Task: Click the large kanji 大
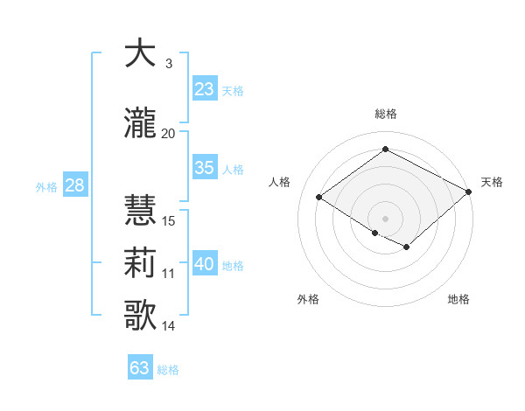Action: (x=140, y=54)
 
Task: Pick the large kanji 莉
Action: (x=140, y=262)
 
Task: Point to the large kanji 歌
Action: (x=140, y=315)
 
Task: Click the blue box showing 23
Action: (x=205, y=88)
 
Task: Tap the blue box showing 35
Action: (x=205, y=168)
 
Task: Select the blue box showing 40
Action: (x=205, y=264)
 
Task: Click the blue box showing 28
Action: (x=73, y=185)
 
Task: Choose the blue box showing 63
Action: (x=140, y=368)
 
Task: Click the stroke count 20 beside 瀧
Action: (x=169, y=134)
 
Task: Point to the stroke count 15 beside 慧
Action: (x=169, y=221)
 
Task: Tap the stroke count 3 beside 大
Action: (x=169, y=64)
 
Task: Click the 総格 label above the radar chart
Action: (x=385, y=114)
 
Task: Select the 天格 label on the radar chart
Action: (x=492, y=182)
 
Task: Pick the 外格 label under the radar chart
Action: (x=308, y=299)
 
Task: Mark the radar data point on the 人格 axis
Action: (x=319, y=198)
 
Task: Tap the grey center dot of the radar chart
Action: (x=385, y=218)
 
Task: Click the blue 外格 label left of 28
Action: (x=45, y=186)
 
